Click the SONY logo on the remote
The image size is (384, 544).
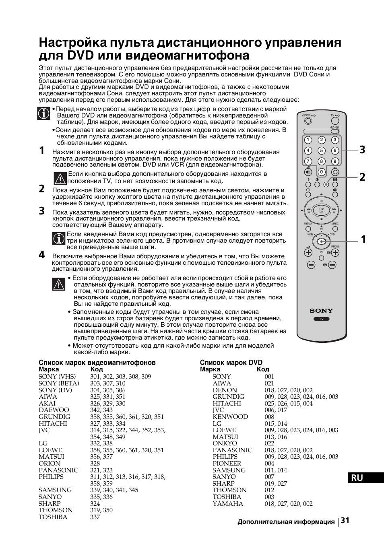pyautogui.click(x=321, y=310)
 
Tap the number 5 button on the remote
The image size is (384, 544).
pyautogui.click(x=321, y=150)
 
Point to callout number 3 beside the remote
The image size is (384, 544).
pyautogui.click(x=362, y=150)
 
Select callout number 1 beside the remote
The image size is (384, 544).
pyautogui.click(x=363, y=240)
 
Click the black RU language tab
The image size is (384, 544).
pyautogui.click(x=366, y=478)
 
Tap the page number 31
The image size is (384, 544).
pyautogui.click(x=345, y=521)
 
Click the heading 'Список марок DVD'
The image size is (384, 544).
pyautogui.click(x=231, y=363)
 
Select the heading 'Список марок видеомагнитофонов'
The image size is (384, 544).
pyautogui.click(x=97, y=363)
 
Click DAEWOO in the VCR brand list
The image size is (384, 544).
pyautogui.click(x=54, y=410)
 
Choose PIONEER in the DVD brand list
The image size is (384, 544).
pyautogui.click(x=227, y=464)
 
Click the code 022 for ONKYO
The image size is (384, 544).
pyautogui.click(x=269, y=443)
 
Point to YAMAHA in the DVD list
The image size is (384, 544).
pyautogui.click(x=228, y=503)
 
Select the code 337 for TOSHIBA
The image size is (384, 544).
pyautogui.click(x=95, y=517)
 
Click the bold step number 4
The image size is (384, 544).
pyautogui.click(x=42, y=255)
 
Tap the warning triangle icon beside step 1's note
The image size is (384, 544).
pyautogui.click(x=60, y=177)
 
